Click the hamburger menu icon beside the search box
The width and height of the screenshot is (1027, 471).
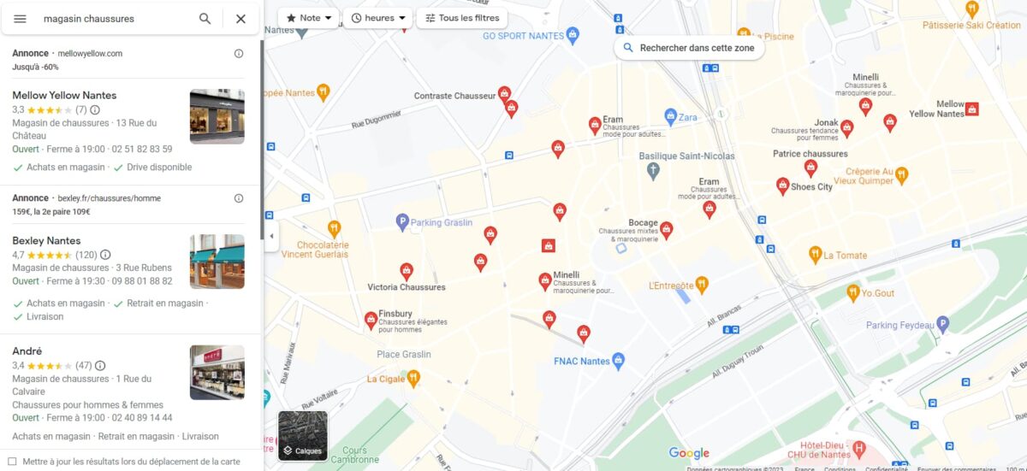click(x=21, y=19)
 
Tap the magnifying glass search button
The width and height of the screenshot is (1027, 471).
click(x=205, y=19)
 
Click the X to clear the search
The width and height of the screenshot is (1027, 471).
click(x=240, y=19)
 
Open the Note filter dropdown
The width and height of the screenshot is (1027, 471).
click(x=308, y=18)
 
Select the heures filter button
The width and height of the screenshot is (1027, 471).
click(x=378, y=18)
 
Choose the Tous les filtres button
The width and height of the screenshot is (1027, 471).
click(x=462, y=18)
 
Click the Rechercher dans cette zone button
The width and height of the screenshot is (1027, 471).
click(x=689, y=48)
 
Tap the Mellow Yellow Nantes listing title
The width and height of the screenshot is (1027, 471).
click(x=64, y=95)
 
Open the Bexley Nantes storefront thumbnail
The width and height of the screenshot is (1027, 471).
click(x=217, y=262)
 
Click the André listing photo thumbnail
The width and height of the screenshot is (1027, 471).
click(x=217, y=372)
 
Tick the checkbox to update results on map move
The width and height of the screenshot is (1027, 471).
click(x=12, y=462)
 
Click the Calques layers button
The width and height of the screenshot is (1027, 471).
click(x=302, y=436)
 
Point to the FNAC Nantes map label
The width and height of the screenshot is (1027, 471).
click(x=582, y=361)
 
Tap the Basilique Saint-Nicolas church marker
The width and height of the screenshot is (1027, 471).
click(x=653, y=170)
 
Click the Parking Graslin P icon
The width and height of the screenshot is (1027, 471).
click(x=402, y=222)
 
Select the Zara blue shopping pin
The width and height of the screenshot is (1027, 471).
click(x=671, y=116)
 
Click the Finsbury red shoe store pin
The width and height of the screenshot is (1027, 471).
click(x=371, y=320)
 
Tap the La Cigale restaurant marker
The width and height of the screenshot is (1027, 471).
click(x=413, y=378)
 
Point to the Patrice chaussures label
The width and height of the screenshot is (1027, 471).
click(x=810, y=154)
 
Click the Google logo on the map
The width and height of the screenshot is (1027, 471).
click(x=689, y=453)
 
